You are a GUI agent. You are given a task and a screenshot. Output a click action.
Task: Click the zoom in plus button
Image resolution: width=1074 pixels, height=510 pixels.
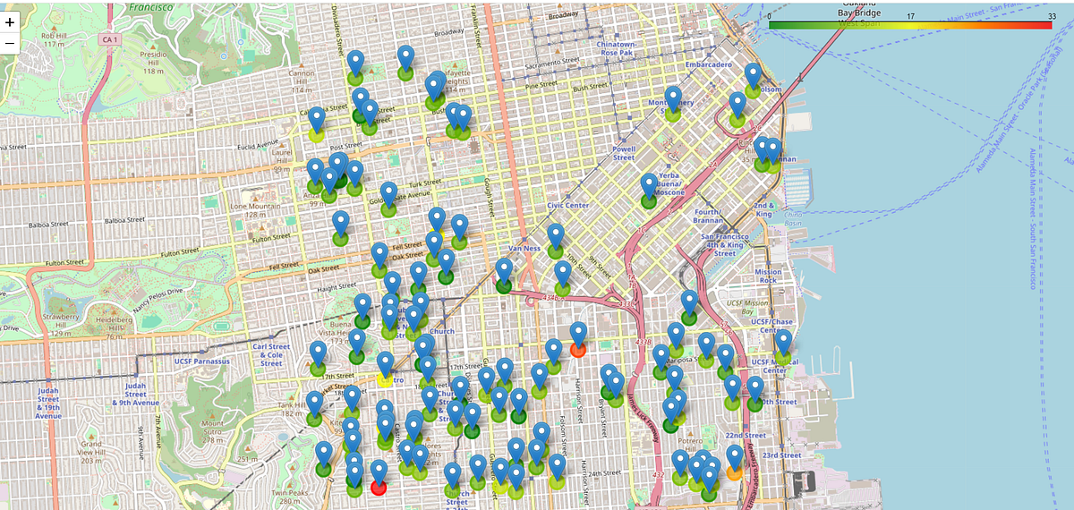(10, 21)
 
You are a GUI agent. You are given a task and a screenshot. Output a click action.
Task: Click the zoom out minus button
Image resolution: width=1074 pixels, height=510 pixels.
(10, 43)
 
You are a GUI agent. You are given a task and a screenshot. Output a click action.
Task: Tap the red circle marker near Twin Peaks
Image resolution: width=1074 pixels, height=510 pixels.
(378, 487)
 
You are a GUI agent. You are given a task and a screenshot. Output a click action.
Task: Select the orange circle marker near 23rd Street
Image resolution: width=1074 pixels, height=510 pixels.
(735, 472)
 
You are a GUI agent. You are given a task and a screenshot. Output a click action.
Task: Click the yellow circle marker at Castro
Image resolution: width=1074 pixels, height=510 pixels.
(386, 379)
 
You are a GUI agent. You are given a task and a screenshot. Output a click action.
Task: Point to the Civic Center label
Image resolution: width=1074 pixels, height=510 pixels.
(567, 205)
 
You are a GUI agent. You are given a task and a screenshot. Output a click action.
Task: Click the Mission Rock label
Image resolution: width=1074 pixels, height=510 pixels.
(767, 276)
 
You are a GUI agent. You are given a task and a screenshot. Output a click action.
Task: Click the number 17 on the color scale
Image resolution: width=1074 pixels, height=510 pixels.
(910, 16)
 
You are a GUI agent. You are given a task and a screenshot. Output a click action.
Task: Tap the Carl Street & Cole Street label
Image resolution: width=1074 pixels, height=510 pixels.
(271, 354)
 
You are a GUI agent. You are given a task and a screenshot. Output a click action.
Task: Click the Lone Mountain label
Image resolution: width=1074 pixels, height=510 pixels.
(250, 210)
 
